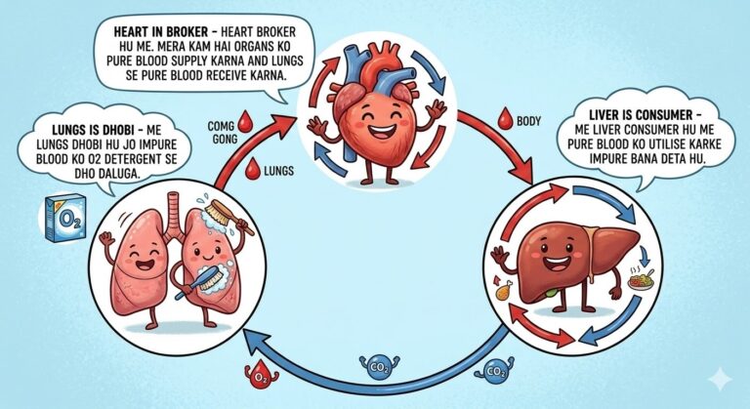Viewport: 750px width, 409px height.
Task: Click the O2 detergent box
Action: pos(65,218)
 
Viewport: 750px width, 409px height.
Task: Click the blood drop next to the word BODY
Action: pos(505,118)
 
